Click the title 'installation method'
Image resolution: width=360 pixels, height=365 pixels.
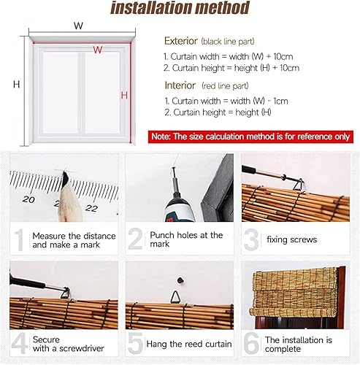pos(180,9)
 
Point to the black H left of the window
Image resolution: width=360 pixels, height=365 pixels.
pos(16,84)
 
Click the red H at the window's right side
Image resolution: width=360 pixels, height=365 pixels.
pos(124,95)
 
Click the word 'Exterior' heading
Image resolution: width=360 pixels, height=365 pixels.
pos(181,41)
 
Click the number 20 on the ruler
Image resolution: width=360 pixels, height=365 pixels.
pos(28,199)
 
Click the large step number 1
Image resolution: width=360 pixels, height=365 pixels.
pos(20,239)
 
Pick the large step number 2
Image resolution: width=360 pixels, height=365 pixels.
pos(136,239)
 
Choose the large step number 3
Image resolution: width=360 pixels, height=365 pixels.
pos(252,239)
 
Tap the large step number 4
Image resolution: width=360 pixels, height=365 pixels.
pos(20,343)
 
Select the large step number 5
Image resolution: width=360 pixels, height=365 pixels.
pos(136,343)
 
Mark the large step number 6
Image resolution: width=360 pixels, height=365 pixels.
pos(252,343)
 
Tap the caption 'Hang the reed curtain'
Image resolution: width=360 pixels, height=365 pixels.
pos(191,344)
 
